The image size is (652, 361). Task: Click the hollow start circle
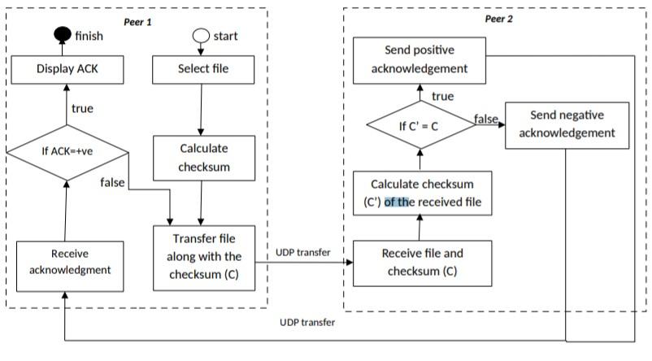(x=201, y=37)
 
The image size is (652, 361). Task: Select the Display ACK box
(x=67, y=69)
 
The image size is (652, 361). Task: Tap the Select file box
(x=201, y=69)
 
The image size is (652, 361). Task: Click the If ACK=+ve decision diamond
(x=67, y=151)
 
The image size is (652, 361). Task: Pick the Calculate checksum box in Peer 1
(x=201, y=158)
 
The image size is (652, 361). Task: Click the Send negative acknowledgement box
(x=567, y=124)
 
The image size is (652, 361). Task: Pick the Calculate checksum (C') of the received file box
(x=422, y=193)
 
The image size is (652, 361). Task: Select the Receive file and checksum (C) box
(x=422, y=262)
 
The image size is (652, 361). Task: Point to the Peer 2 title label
(x=497, y=17)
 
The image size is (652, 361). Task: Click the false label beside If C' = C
(x=486, y=119)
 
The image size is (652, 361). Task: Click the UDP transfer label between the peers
(x=303, y=253)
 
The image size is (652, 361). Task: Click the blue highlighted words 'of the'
(x=398, y=202)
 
